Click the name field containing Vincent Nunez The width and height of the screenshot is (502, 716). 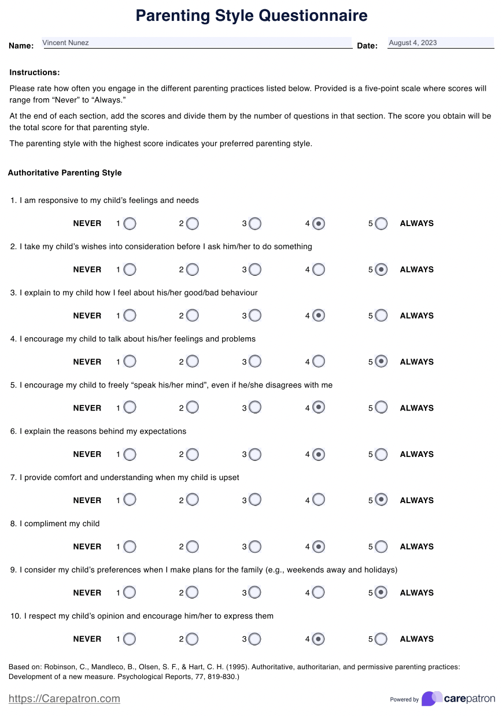pos(197,43)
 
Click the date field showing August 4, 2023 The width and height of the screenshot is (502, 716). pos(440,43)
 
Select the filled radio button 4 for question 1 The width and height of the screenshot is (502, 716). pos(318,223)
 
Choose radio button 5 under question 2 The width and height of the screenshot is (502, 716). pos(381,270)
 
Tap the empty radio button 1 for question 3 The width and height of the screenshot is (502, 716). pos(130,316)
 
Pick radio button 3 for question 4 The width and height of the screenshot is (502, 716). pos(255,361)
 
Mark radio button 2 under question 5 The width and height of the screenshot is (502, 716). pos(193,408)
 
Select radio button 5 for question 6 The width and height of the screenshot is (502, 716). pos(381,454)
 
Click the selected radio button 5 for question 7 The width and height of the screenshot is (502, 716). pos(381,500)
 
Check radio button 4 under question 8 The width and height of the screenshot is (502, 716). pos(318,547)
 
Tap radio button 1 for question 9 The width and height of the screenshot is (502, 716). pos(130,592)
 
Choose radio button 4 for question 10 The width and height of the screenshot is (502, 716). pos(318,639)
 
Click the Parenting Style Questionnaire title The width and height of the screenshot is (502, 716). pos(251,16)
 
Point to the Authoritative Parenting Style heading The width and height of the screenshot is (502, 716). pos(65,173)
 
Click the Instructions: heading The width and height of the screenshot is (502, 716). pos(35,73)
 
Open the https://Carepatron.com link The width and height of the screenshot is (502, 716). pos(64,699)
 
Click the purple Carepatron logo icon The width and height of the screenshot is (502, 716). pos(431,698)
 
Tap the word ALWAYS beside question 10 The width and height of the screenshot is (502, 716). pos(416,639)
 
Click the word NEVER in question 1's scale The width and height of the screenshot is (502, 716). pos(87,224)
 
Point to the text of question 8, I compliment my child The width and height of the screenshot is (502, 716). pos(60,524)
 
